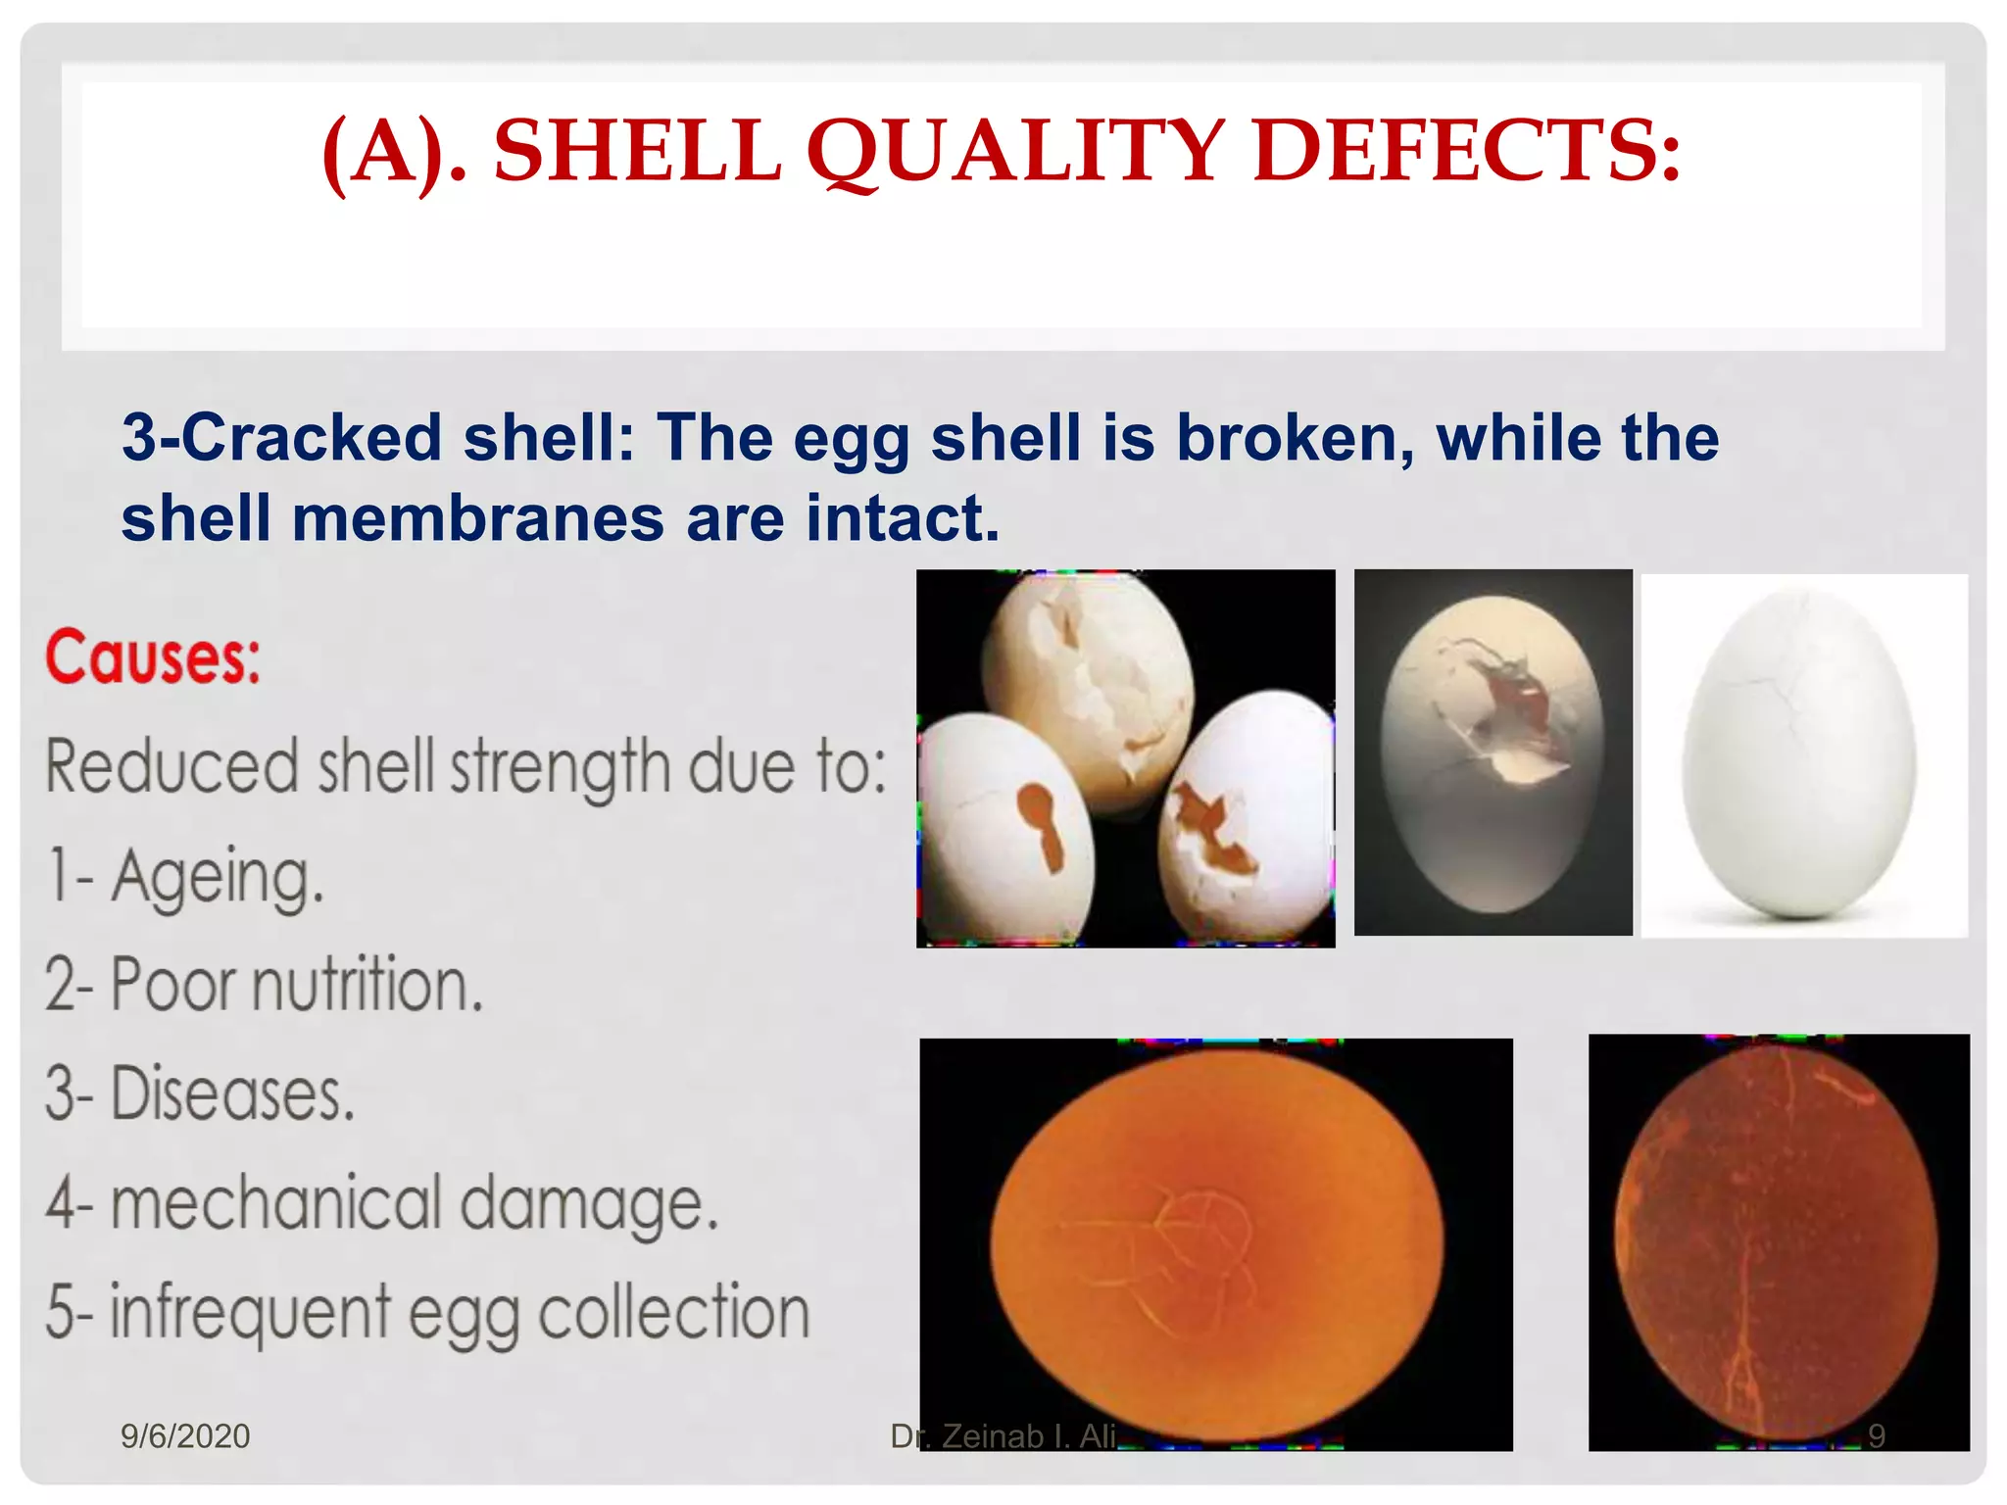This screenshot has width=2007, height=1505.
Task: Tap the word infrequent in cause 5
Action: point(250,1313)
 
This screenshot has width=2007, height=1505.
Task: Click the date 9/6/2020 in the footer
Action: point(185,1436)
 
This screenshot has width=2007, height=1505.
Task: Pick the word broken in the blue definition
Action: point(1294,437)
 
